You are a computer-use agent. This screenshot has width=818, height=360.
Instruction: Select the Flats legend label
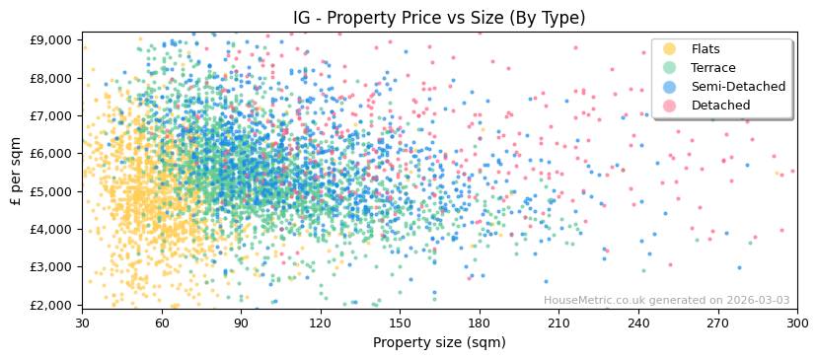[x=706, y=49]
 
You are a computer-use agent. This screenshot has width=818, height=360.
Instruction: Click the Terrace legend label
[x=711, y=68]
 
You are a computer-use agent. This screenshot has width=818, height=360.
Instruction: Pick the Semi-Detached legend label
[x=738, y=87]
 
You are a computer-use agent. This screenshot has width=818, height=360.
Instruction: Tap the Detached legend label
[x=720, y=106]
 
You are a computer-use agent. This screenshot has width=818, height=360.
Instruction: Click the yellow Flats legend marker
[x=669, y=49]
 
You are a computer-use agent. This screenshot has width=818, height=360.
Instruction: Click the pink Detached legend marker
[x=669, y=106]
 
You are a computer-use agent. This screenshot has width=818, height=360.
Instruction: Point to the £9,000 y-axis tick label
[x=50, y=40]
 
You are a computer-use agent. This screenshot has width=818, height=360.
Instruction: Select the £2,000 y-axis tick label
[x=50, y=305]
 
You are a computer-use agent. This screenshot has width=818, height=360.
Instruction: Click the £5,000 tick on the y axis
[x=50, y=191]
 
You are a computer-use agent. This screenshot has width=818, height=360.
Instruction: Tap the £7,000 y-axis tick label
[x=50, y=116]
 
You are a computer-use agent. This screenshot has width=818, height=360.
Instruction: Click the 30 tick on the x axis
[x=83, y=324]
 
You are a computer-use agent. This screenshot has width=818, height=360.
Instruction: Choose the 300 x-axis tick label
[x=797, y=324]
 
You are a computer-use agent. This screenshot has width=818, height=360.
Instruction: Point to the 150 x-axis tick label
[x=400, y=324]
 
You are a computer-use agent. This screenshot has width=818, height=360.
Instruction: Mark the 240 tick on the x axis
[x=638, y=324]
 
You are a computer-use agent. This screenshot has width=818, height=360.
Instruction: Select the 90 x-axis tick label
[x=242, y=324]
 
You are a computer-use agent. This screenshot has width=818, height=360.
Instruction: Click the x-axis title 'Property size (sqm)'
[x=439, y=343]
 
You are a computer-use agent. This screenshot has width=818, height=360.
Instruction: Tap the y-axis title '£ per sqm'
[x=17, y=171]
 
